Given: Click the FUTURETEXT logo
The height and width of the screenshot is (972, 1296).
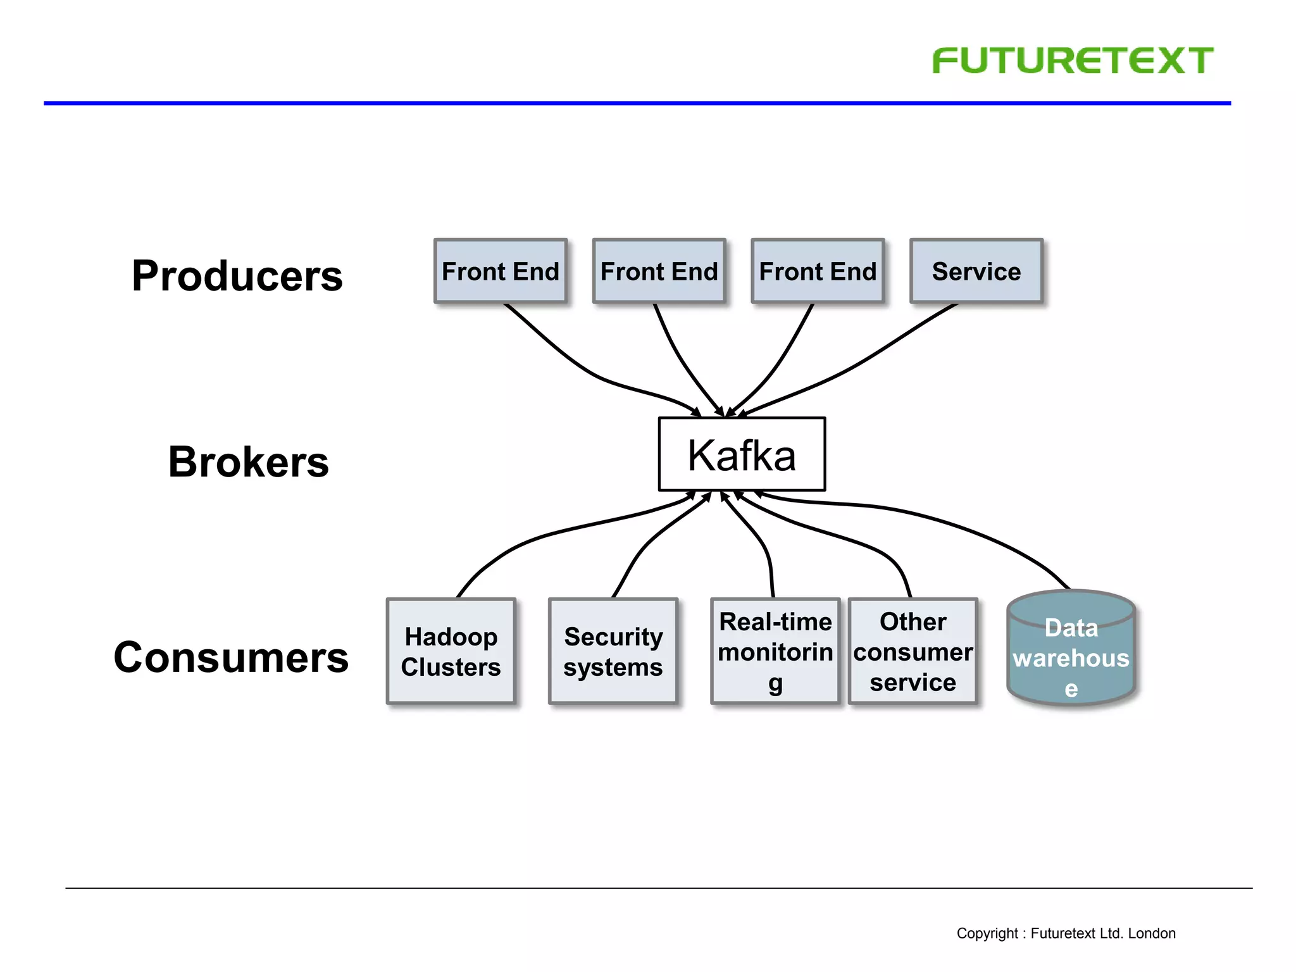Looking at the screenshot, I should click(x=1072, y=61).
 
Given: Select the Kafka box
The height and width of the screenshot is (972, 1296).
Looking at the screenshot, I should click(x=742, y=454).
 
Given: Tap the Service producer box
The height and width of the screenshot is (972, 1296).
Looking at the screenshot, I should click(x=976, y=271).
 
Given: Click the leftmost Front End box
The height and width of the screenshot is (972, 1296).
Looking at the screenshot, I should click(x=500, y=271).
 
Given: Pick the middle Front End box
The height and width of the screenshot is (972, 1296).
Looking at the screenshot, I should click(x=659, y=271).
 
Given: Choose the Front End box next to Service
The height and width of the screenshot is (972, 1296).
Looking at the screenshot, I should click(x=818, y=271).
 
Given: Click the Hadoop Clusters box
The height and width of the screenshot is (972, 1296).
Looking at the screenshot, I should click(x=451, y=651).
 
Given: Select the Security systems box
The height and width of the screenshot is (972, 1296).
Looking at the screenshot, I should click(x=613, y=651).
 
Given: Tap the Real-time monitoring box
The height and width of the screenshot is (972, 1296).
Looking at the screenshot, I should click(x=775, y=651).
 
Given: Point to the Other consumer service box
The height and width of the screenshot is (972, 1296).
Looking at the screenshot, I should click(x=913, y=651).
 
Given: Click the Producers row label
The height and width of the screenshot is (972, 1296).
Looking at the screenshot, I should click(x=237, y=276).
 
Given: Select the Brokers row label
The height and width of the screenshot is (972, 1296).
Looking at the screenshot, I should click(x=248, y=461).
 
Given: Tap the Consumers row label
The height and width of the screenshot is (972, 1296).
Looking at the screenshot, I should click(x=231, y=657).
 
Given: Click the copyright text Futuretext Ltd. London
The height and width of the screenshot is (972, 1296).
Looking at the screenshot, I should click(x=1066, y=933).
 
